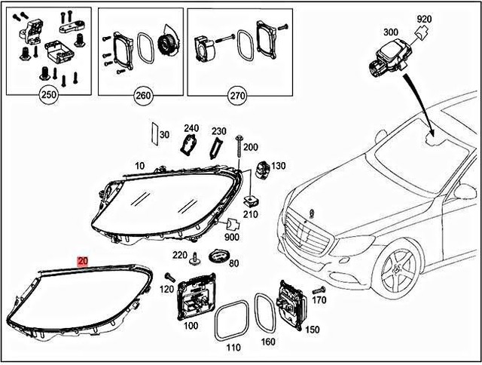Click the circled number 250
(49, 97)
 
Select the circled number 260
(141, 97)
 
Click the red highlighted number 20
(83, 261)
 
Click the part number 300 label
(391, 33)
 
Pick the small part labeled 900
(233, 225)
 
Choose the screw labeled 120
(170, 278)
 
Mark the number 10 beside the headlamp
(139, 164)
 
